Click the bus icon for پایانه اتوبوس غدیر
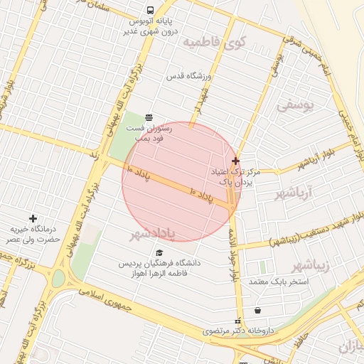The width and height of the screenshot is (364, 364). (150, 11)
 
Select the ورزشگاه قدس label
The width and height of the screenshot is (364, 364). (190, 75)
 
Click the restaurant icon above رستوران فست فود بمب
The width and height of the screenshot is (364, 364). (148, 117)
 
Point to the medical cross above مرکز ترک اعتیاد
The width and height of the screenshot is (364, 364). (235, 161)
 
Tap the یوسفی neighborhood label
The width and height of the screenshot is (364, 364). (294, 105)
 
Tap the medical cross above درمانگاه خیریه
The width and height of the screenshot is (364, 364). (32, 218)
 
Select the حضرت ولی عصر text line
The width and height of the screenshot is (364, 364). (32, 240)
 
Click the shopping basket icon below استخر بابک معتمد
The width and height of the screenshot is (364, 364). (257, 310)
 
